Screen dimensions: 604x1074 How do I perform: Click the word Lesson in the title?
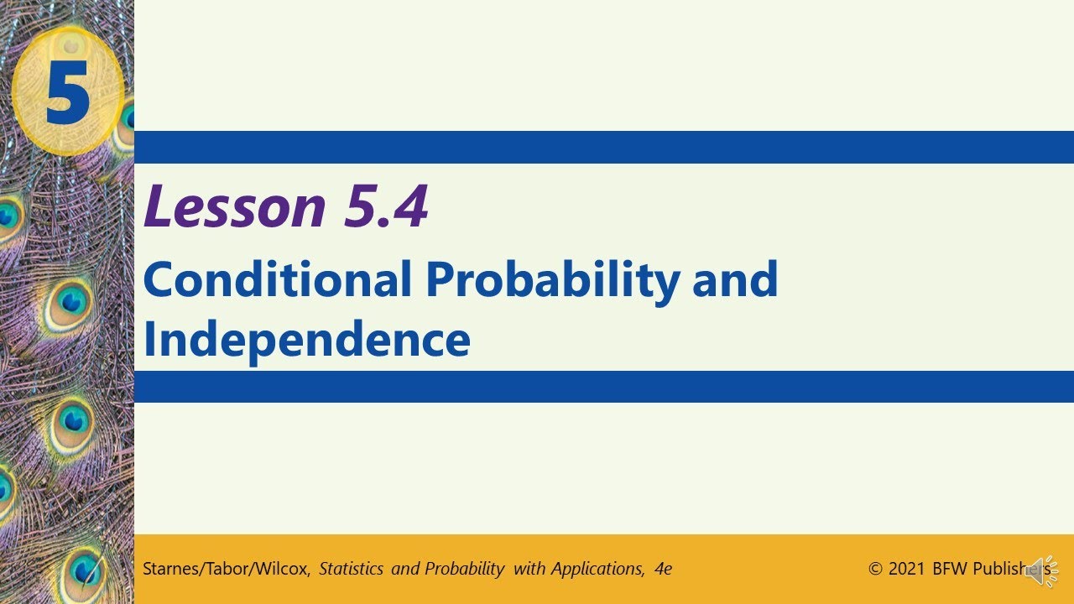[x=234, y=206]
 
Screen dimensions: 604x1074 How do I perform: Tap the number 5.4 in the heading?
[x=385, y=206]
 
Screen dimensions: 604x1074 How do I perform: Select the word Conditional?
[x=278, y=280]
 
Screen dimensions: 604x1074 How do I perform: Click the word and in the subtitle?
[x=735, y=280]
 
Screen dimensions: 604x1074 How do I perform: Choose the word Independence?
[x=306, y=339]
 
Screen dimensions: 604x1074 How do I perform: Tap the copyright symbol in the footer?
[x=876, y=569]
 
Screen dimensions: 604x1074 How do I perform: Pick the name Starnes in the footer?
[x=170, y=569]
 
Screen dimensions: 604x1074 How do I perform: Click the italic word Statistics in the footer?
[x=352, y=569]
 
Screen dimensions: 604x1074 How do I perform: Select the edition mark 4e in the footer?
[x=663, y=569]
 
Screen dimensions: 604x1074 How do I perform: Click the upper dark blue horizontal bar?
[x=604, y=147]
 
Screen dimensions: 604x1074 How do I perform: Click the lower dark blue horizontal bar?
[x=604, y=387]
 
